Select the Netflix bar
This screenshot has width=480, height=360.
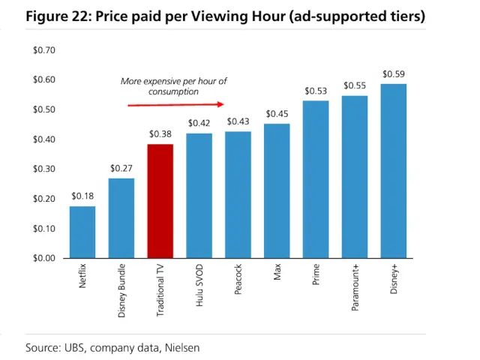pyautogui.click(x=82, y=232)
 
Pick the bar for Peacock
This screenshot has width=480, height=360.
pyautogui.click(x=238, y=194)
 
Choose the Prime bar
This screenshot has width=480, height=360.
pyautogui.click(x=316, y=179)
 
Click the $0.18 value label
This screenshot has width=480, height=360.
pyautogui.click(x=82, y=196)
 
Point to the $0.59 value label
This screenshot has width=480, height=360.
pyautogui.click(x=394, y=73)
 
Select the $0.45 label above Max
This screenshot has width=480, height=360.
pyautogui.click(x=277, y=114)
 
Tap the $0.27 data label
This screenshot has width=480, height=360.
pyautogui.click(x=121, y=168)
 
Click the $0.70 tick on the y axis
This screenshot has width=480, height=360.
pyautogui.click(x=44, y=50)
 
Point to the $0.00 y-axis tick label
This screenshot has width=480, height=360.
pyautogui.click(x=44, y=258)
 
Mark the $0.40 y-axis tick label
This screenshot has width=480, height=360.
pyautogui.click(x=44, y=139)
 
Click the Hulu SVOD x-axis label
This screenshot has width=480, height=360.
pyautogui.click(x=199, y=288)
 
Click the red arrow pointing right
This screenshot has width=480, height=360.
pyautogui.click(x=176, y=104)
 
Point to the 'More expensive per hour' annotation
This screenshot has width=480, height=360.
pyautogui.click(x=173, y=86)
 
